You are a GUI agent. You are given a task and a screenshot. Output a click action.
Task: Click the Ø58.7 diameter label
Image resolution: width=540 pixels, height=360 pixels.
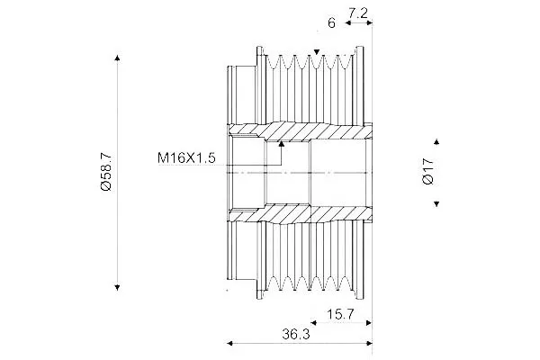tap(106, 172)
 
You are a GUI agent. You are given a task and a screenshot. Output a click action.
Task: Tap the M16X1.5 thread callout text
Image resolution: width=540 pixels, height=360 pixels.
tap(186, 157)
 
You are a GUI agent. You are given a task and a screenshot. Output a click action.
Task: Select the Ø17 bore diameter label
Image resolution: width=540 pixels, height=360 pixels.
tap(428, 171)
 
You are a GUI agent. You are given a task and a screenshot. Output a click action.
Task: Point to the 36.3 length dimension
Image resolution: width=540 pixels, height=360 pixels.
tap(296, 334)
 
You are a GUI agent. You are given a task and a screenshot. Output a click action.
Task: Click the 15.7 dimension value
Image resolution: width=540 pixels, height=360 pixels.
tap(340, 314)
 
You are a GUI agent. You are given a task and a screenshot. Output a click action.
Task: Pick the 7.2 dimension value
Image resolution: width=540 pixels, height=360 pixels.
tap(358, 13)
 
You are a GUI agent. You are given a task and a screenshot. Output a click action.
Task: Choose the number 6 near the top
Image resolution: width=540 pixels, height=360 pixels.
tap(331, 23)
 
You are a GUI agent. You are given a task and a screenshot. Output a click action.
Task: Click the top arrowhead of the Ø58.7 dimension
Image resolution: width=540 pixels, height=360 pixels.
tap(117, 58)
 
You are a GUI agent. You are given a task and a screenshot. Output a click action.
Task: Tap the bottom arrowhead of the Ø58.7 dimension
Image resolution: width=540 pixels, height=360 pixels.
tap(117, 287)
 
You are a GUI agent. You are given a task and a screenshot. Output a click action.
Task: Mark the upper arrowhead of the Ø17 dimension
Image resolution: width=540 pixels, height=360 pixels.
tap(436, 141)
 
